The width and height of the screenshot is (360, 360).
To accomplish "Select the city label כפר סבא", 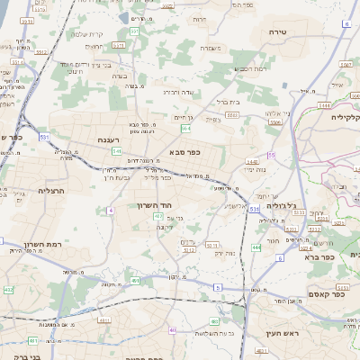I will click(184, 153).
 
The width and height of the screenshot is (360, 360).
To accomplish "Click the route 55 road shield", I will click(271, 156).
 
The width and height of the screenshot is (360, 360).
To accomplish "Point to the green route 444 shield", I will click(256, 247).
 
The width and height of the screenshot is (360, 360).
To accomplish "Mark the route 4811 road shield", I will click(32, 341).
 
